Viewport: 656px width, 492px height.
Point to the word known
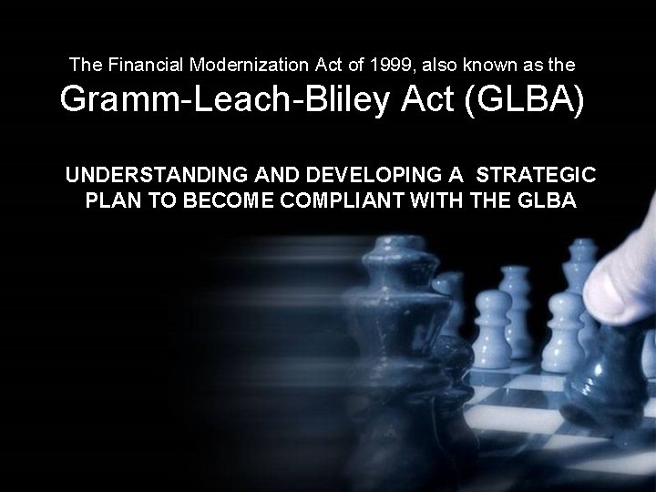tap(464, 65)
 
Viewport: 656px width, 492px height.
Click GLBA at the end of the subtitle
tap(544, 200)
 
